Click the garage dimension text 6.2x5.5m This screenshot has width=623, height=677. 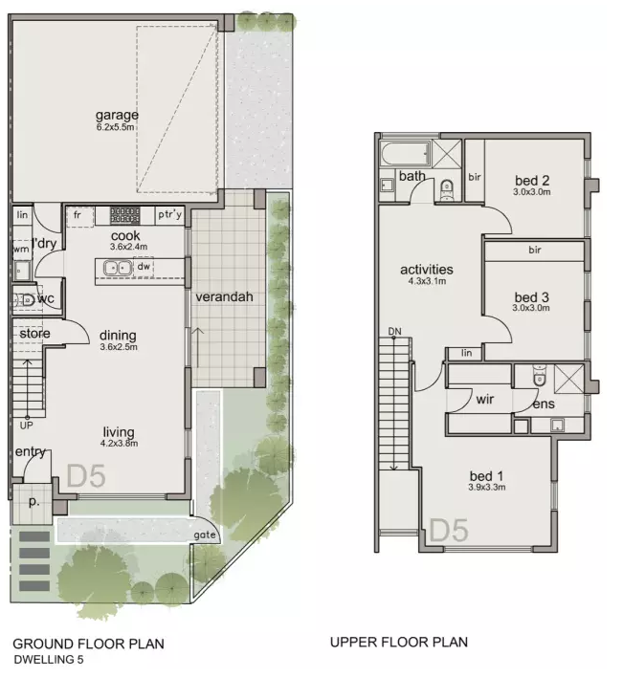(x=116, y=127)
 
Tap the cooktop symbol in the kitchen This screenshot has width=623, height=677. (x=124, y=215)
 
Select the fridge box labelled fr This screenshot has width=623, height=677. (x=80, y=216)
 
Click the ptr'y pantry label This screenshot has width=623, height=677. (x=169, y=214)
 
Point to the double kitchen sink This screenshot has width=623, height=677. (x=118, y=268)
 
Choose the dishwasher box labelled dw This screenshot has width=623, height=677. (x=144, y=267)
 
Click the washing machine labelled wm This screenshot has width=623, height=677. (x=21, y=250)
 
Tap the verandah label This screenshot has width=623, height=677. (x=224, y=297)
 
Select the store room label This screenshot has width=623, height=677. (x=34, y=334)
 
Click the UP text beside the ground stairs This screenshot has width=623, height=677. (x=27, y=426)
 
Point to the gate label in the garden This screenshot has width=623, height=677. (x=205, y=535)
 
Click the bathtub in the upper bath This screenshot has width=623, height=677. (x=406, y=154)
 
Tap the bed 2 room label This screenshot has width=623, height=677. (x=532, y=181)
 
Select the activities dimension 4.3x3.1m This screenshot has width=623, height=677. (x=427, y=281)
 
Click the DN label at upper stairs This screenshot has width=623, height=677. (x=394, y=331)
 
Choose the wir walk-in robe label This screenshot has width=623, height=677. (x=485, y=399)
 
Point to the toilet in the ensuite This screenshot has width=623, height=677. (x=539, y=375)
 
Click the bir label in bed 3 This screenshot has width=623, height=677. (x=535, y=250)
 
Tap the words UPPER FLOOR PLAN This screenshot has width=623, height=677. (x=399, y=642)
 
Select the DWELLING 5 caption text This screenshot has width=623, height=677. (x=49, y=659)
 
